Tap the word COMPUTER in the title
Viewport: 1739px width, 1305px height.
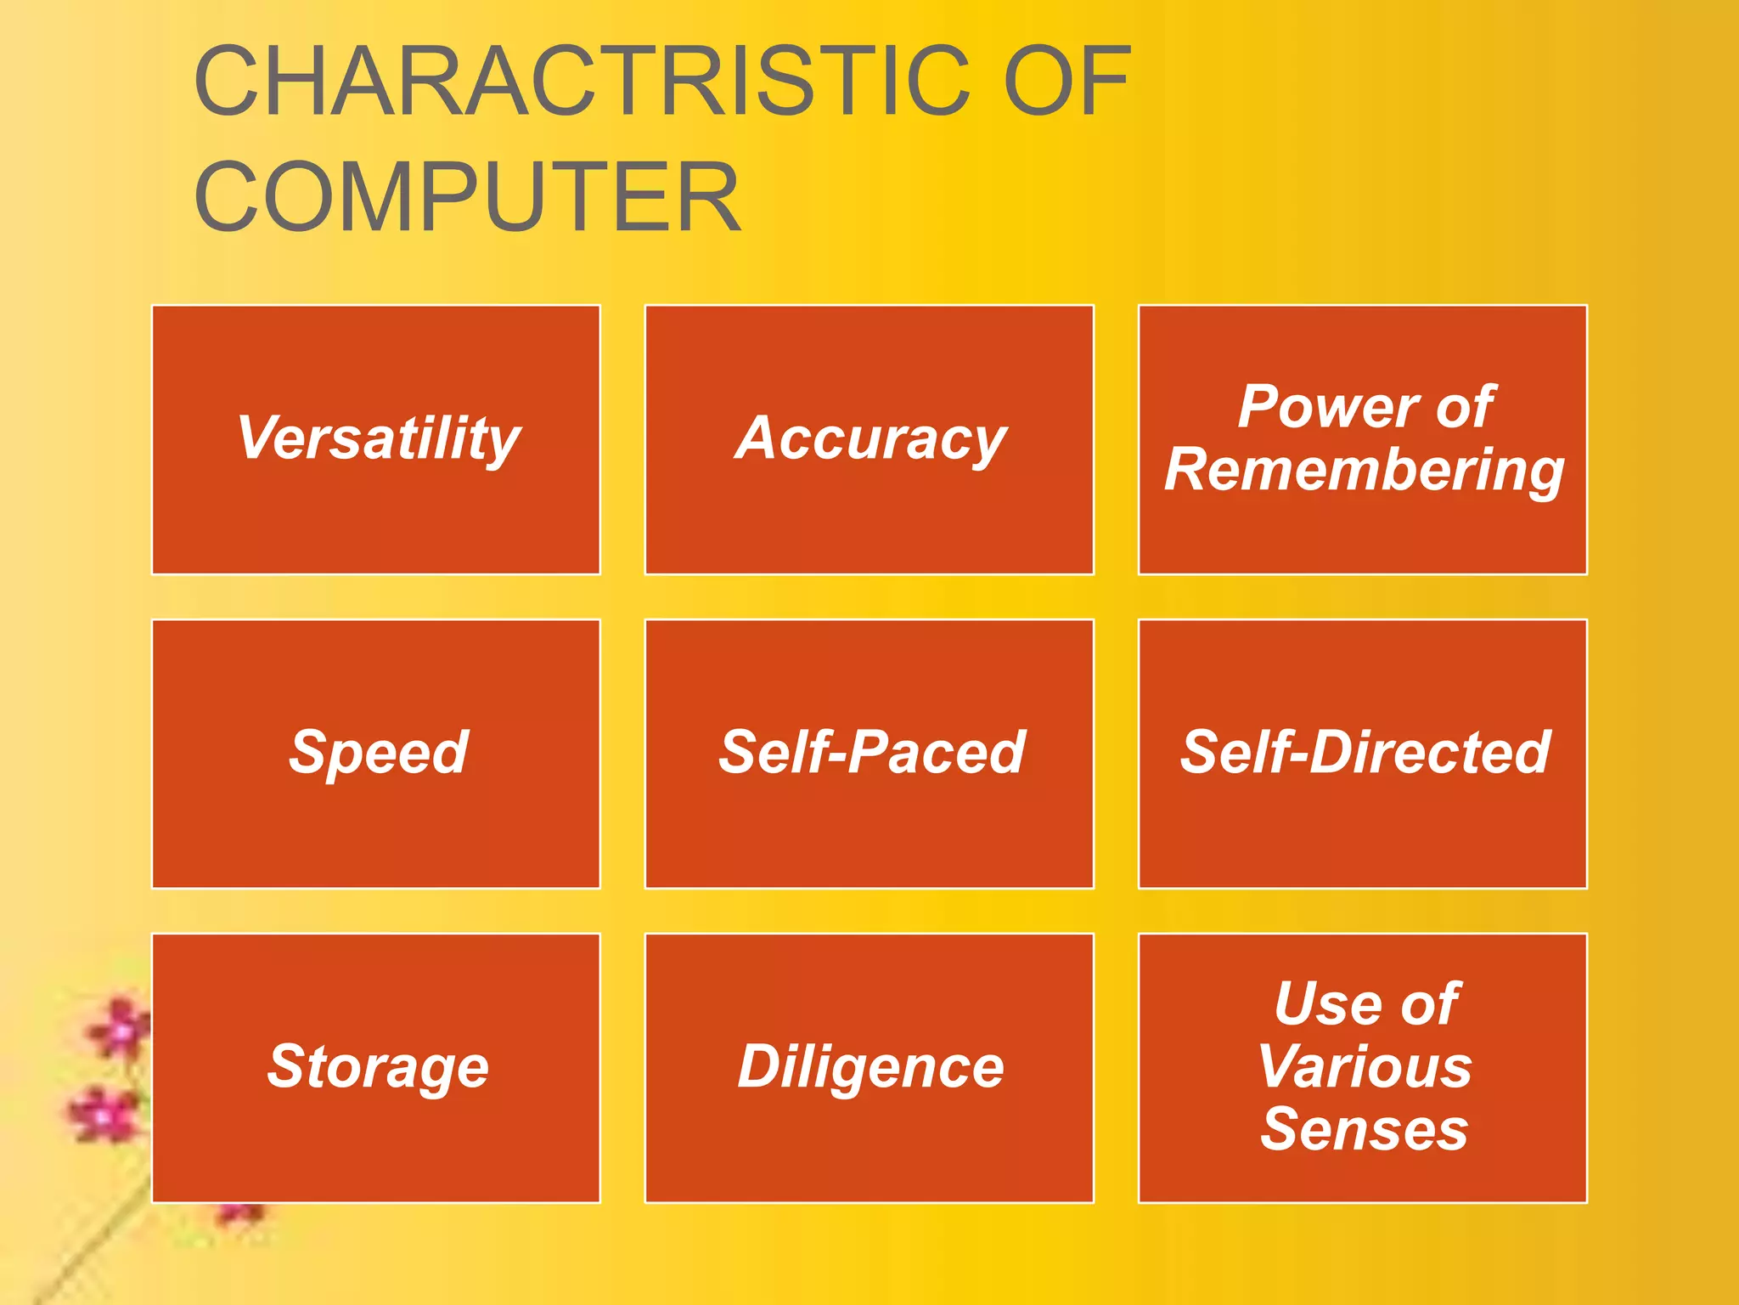[x=468, y=197]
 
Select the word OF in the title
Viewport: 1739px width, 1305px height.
[x=1066, y=82]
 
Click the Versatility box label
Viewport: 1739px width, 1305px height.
[x=378, y=438]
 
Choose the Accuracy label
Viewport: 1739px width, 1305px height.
[x=870, y=440]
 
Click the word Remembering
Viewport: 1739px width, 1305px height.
[x=1364, y=471]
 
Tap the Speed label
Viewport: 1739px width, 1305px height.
[x=378, y=753]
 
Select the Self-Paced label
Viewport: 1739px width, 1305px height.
[x=872, y=753]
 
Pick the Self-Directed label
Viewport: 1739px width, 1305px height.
[x=1365, y=753]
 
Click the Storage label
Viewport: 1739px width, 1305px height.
[x=378, y=1067]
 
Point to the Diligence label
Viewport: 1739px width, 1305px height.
[x=870, y=1067]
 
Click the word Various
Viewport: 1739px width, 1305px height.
[x=1365, y=1066]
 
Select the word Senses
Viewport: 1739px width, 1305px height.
[x=1364, y=1129]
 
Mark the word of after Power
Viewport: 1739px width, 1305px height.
[x=1465, y=407]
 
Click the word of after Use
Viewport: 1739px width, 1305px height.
[x=1430, y=1003]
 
